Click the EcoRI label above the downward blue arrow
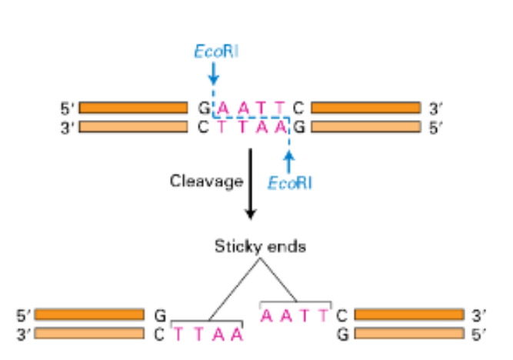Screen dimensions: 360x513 click(214, 52)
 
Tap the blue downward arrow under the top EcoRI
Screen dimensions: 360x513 click(214, 74)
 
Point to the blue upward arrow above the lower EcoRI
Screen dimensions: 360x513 click(289, 160)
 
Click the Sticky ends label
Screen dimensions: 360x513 click(251, 247)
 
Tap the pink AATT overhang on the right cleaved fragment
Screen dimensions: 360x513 click(295, 315)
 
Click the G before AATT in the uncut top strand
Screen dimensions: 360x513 click(204, 108)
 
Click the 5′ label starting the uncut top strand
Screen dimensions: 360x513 click(67, 108)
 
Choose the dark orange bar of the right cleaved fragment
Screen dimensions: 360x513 click(408, 315)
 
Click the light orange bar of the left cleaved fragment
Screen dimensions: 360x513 click(89, 333)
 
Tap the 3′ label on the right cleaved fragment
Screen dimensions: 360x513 click(480, 315)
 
